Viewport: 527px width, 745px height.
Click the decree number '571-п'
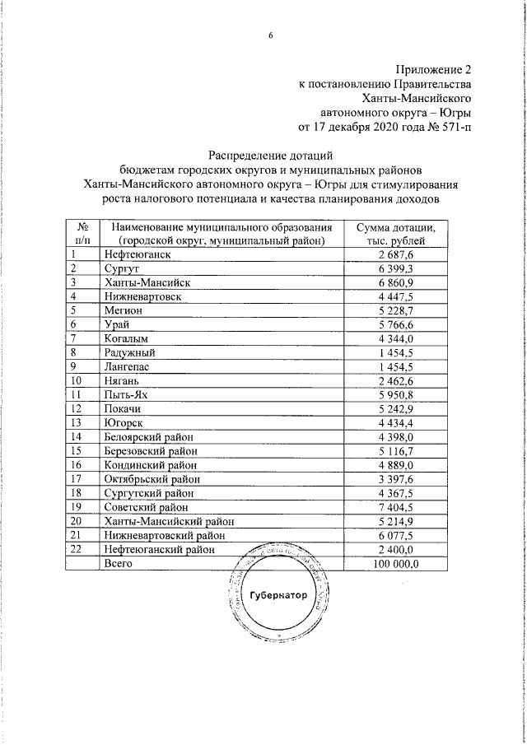point(456,128)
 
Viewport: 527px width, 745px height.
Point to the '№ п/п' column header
point(82,233)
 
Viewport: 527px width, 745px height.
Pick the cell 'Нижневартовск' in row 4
point(143,296)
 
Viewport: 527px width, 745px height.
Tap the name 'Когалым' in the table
point(128,338)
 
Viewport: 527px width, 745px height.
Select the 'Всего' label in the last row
point(120,563)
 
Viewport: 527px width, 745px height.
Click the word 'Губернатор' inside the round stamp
point(273,595)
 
